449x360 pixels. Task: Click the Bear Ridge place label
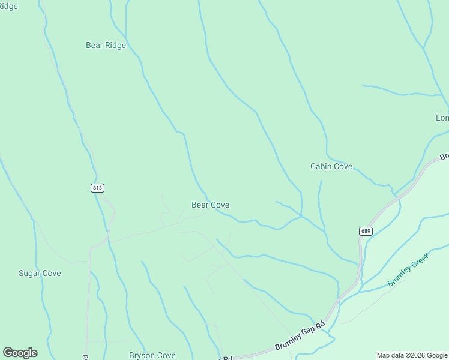[x=106, y=45]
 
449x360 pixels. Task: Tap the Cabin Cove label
[x=331, y=166]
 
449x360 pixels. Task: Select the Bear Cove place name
[x=210, y=205]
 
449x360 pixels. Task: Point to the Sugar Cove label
[x=40, y=273]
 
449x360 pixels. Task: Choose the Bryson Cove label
[x=152, y=355]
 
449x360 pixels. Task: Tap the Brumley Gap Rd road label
[x=300, y=338]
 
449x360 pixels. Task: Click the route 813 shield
[x=98, y=188]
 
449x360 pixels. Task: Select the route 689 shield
[x=366, y=231]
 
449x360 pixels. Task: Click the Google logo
[x=20, y=353]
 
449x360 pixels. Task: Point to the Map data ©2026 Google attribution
[x=412, y=355]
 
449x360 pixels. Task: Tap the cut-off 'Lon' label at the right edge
[x=442, y=118]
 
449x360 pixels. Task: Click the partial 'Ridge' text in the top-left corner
[x=9, y=7]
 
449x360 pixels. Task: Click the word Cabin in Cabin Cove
[x=321, y=166]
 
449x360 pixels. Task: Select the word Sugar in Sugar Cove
[x=29, y=273]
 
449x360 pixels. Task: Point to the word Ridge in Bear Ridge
[x=115, y=45]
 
